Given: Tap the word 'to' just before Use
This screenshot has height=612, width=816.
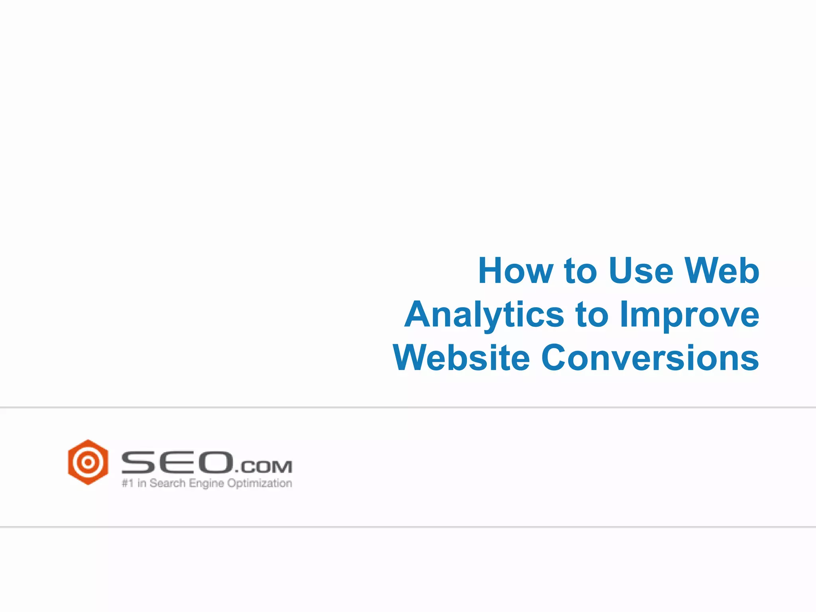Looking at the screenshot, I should click(x=580, y=271).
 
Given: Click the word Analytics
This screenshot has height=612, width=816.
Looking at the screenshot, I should click(x=484, y=315).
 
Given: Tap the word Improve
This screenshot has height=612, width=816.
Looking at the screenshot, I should click(x=690, y=315).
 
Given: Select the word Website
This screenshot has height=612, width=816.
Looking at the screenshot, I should click(x=461, y=358).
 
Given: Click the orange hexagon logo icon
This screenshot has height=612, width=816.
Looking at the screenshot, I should click(x=88, y=462).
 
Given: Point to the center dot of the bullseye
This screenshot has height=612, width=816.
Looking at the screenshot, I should click(x=88, y=462).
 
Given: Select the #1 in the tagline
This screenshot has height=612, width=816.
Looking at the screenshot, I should click(x=127, y=483).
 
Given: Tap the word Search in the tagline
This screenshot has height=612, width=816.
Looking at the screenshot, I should click(x=167, y=483).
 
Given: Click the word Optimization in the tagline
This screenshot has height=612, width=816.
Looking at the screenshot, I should click(x=259, y=484).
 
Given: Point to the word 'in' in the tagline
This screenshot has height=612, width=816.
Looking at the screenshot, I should click(x=141, y=483).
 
